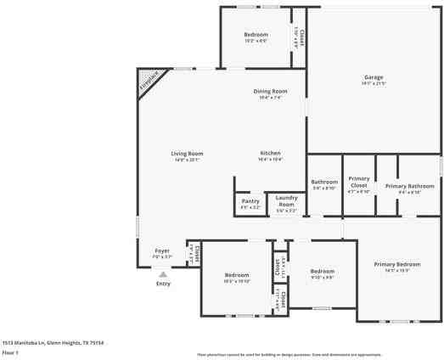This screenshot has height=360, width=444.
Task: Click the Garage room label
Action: [x=374, y=77]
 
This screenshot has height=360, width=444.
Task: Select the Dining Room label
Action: [x=270, y=91]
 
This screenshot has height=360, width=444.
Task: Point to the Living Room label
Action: [x=188, y=154]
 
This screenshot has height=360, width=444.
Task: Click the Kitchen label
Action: [x=270, y=153]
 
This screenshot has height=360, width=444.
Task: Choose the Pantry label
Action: [x=250, y=201]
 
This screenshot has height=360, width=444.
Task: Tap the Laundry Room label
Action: [x=286, y=202]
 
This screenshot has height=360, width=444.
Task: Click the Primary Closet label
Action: [x=359, y=182]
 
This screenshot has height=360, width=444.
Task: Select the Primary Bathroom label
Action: [x=409, y=186]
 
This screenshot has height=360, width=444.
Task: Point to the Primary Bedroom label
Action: [x=397, y=264]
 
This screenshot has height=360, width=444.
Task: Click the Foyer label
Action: [x=161, y=251]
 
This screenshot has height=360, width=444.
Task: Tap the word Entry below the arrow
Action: [x=162, y=284]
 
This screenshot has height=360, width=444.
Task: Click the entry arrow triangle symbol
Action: [x=162, y=274]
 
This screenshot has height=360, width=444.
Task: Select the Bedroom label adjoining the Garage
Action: [x=256, y=35]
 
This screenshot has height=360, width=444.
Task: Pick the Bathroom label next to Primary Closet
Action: [x=324, y=182]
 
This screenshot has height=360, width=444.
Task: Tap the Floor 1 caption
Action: [x=10, y=352]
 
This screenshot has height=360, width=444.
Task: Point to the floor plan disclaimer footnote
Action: [x=289, y=354]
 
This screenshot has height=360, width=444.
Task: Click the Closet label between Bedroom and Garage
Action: [x=300, y=37]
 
